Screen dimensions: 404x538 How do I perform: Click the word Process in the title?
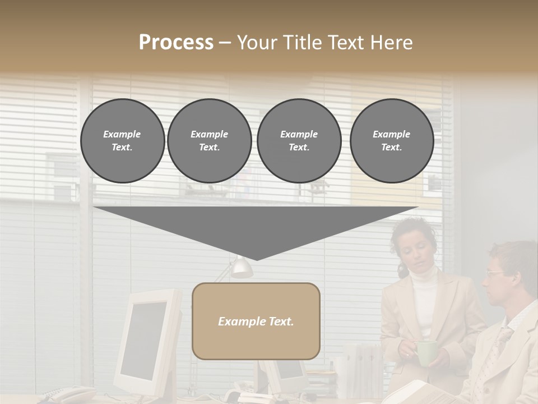coord(176,43)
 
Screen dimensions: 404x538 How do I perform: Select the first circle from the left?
coord(122,141)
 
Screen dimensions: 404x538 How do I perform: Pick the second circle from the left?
coord(209,141)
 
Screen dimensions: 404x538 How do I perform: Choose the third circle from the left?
coord(299,141)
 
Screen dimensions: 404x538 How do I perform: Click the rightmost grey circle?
coord(391,141)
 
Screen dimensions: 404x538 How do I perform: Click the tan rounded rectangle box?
coord(256,321)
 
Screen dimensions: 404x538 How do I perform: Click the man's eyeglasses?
coord(495,274)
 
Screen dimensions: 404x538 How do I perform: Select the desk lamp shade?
coord(242,268)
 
